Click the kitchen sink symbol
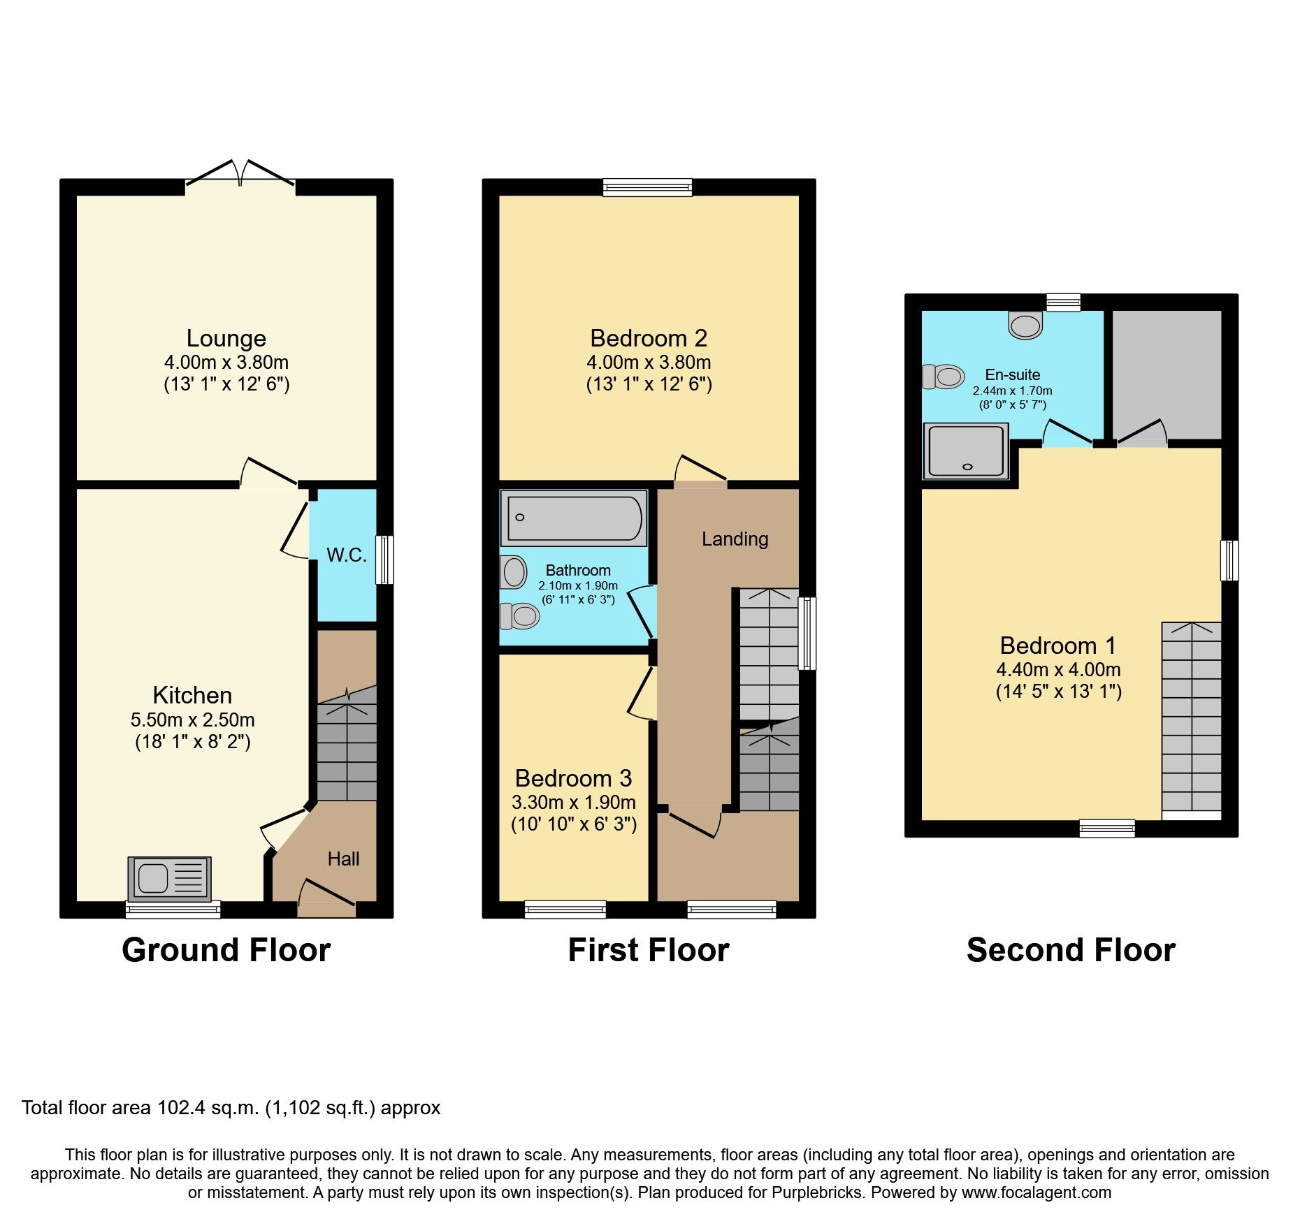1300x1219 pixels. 169,878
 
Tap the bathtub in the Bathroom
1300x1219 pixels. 574,518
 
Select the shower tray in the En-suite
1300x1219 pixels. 966,451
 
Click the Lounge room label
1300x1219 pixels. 226,338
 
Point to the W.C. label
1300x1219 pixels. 346,555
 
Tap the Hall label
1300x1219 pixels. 343,859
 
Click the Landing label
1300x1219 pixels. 735,539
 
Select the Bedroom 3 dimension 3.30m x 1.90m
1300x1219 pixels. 574,802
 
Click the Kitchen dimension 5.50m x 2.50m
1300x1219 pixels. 192,720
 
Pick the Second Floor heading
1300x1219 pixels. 1071,950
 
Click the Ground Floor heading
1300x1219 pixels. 226,950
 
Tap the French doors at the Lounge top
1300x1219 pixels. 240,175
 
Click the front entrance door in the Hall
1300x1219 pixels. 326,901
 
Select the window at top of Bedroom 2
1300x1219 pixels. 647,187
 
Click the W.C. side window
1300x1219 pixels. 384,559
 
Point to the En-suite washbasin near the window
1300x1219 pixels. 1025,326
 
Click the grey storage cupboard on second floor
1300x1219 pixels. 1166,374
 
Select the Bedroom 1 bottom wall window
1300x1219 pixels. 1107,829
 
